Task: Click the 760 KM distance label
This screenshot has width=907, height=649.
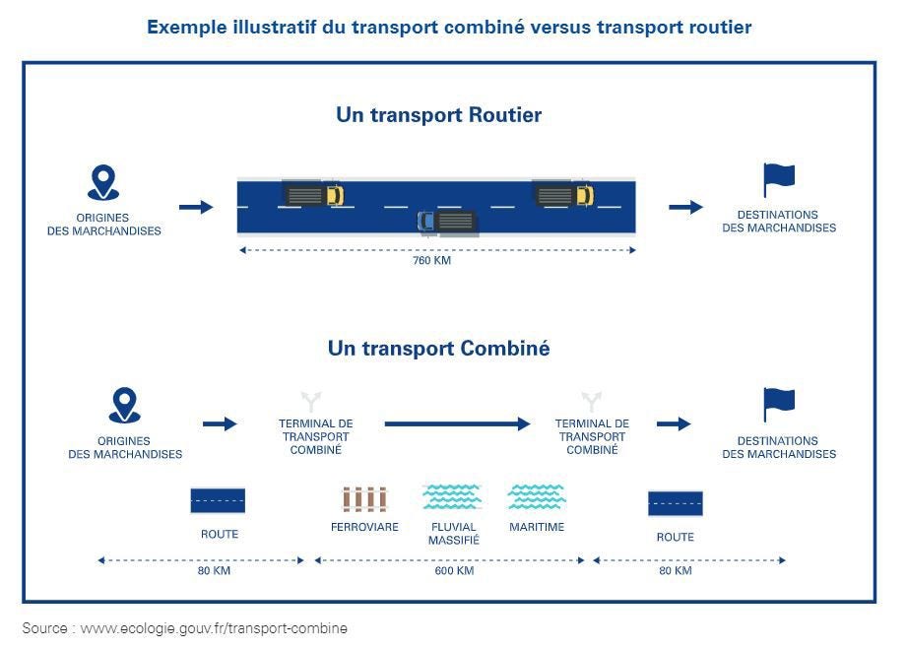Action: [x=431, y=261]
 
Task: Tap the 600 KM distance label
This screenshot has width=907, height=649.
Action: [x=454, y=571]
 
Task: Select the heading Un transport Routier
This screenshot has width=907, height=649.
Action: [x=438, y=115]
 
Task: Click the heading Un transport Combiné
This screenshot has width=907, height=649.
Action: [x=438, y=349]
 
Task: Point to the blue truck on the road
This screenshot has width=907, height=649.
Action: [x=447, y=222]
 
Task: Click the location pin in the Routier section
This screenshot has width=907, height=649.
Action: [x=103, y=183]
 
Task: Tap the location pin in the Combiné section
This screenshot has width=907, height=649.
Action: [x=124, y=405]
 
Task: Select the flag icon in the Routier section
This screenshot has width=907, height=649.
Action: [x=779, y=180]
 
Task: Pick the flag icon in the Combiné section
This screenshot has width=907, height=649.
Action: [x=779, y=404]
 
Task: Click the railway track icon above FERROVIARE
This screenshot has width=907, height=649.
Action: [x=364, y=499]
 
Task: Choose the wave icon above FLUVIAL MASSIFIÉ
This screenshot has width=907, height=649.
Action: [x=452, y=496]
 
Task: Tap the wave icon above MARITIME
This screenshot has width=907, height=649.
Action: [x=537, y=496]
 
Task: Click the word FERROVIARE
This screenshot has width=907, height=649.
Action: [x=364, y=528]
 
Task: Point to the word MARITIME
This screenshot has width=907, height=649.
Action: [x=537, y=528]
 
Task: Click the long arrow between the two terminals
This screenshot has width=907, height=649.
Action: [x=457, y=423]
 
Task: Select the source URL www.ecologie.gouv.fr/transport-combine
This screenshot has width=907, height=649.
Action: [x=214, y=628]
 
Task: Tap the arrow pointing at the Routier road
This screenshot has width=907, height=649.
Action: [x=196, y=207]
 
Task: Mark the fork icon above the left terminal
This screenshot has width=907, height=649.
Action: [x=312, y=402]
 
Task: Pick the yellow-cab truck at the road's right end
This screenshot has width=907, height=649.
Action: [x=564, y=194]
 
